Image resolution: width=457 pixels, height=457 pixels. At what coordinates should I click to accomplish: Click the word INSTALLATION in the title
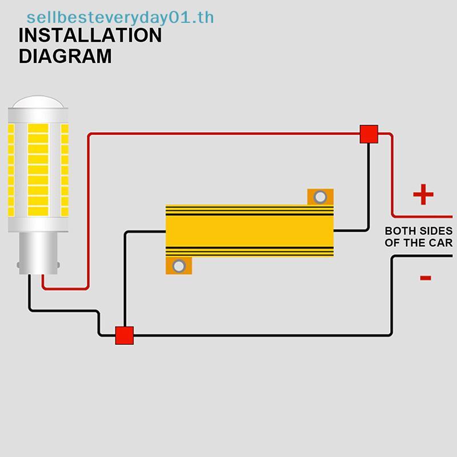[90, 35]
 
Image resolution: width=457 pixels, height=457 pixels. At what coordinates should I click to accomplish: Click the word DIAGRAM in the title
[65, 56]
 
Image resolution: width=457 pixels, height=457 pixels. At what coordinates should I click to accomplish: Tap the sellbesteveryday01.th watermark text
[120, 18]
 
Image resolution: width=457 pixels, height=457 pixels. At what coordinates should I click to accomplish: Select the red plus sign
[423, 194]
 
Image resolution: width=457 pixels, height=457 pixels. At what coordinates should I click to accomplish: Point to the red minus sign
[425, 278]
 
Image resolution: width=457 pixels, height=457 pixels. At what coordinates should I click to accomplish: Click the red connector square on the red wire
[368, 134]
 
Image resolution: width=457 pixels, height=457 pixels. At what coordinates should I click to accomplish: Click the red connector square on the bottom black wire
[125, 335]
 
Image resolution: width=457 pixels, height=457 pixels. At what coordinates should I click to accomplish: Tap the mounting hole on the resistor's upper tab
[320, 197]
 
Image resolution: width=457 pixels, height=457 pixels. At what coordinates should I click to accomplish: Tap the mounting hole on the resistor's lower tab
[179, 266]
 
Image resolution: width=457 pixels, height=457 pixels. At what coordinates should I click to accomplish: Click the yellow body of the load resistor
[250, 231]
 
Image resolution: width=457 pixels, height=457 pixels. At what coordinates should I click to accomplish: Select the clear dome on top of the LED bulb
[38, 102]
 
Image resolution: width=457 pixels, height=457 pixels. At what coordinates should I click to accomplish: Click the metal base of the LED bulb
[38, 253]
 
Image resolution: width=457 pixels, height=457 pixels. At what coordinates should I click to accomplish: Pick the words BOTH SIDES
[419, 231]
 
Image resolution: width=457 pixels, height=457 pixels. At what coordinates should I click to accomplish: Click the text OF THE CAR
[419, 242]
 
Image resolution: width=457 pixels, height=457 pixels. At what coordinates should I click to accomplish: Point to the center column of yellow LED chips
[38, 170]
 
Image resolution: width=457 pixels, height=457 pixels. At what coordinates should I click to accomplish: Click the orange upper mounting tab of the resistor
[320, 197]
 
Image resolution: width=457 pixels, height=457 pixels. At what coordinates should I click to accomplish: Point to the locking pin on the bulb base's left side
[18, 265]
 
